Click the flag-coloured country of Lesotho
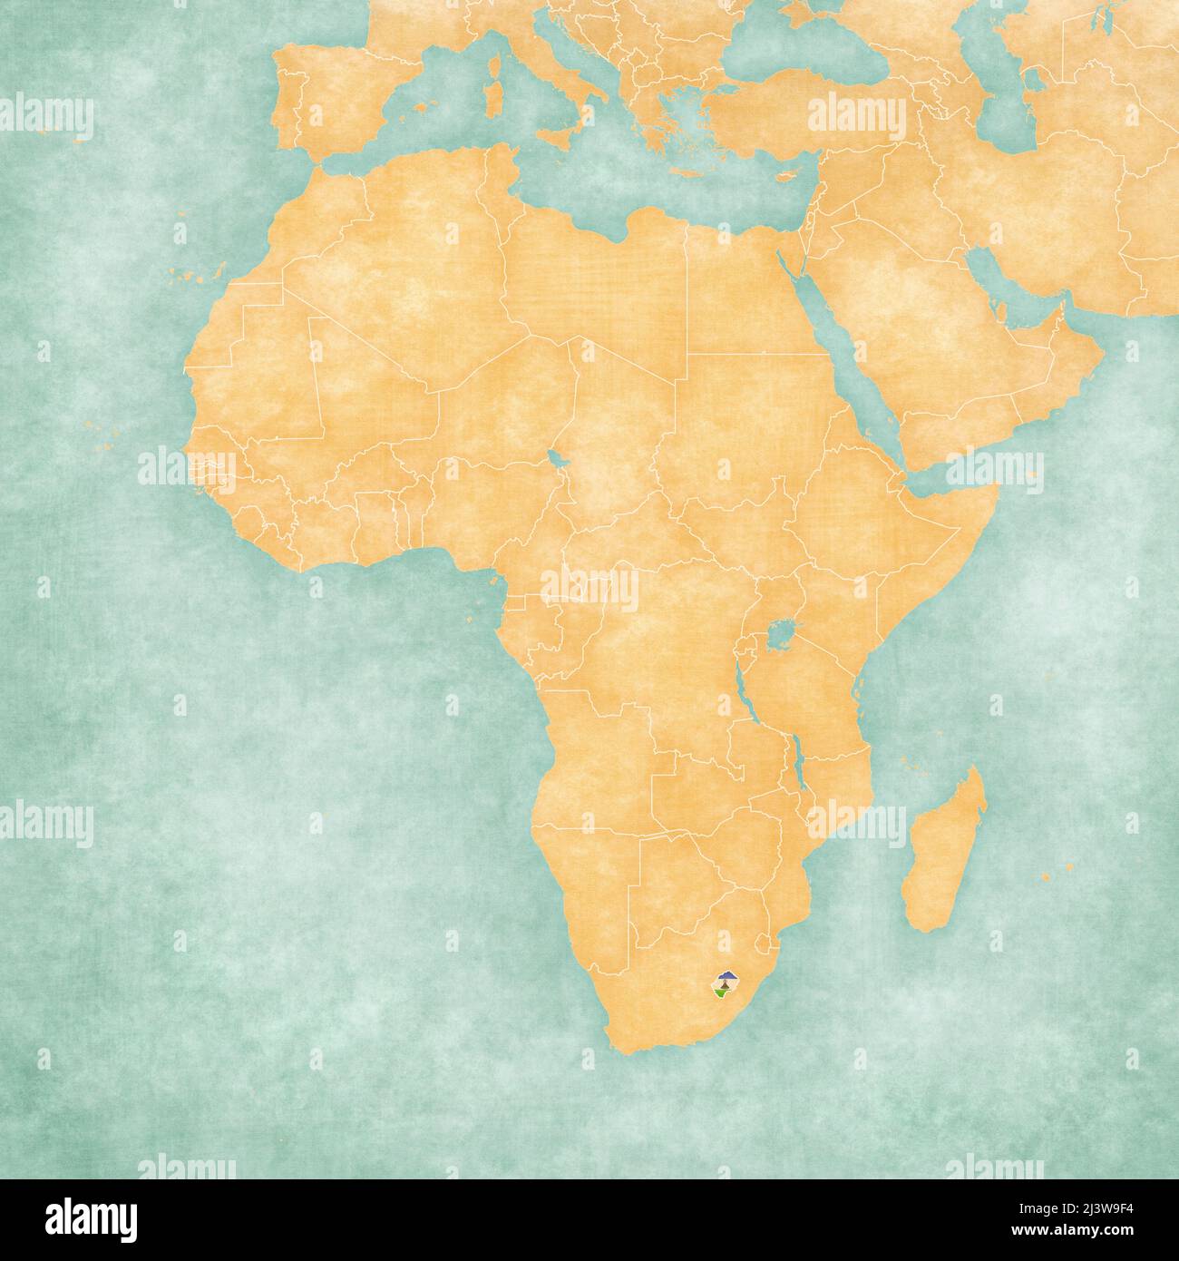(x=726, y=984)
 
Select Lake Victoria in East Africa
(x=778, y=631)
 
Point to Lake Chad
(x=554, y=458)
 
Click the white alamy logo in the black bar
(x=82, y=1216)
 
